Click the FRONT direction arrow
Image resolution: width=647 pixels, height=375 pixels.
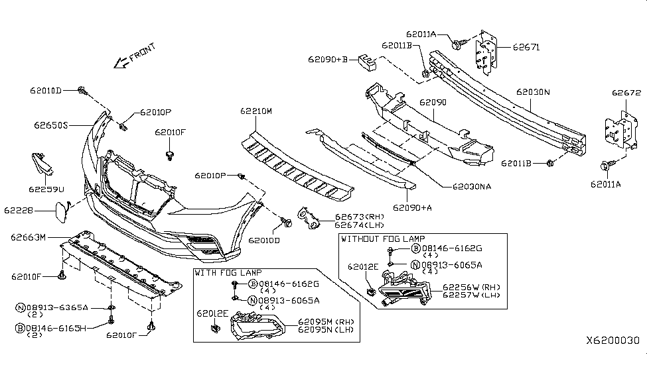click(121, 62)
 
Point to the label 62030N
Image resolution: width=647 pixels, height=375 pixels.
click(534, 92)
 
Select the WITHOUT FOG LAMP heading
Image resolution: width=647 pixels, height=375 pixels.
click(383, 239)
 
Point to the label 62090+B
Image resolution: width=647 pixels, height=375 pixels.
click(327, 59)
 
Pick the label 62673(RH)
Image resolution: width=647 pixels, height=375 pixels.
click(359, 217)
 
